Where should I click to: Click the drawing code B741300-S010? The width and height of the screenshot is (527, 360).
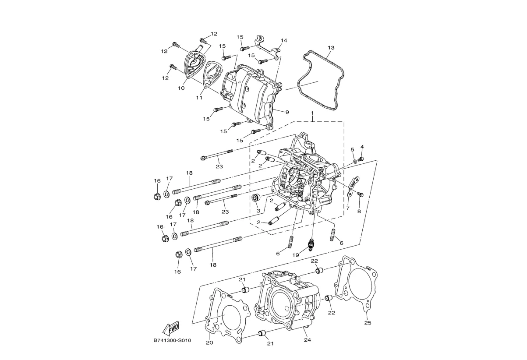point(172,340)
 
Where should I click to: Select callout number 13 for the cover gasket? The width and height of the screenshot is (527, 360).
point(331,48)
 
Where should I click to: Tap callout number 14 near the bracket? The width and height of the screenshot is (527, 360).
point(284,40)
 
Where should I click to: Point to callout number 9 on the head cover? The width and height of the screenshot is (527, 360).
point(287,113)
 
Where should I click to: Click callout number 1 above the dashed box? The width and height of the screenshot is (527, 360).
point(312,113)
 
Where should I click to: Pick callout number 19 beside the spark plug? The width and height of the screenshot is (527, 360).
point(296,255)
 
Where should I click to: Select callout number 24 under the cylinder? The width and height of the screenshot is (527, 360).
point(308,340)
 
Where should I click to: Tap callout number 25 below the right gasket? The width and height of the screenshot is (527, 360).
point(368,323)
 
